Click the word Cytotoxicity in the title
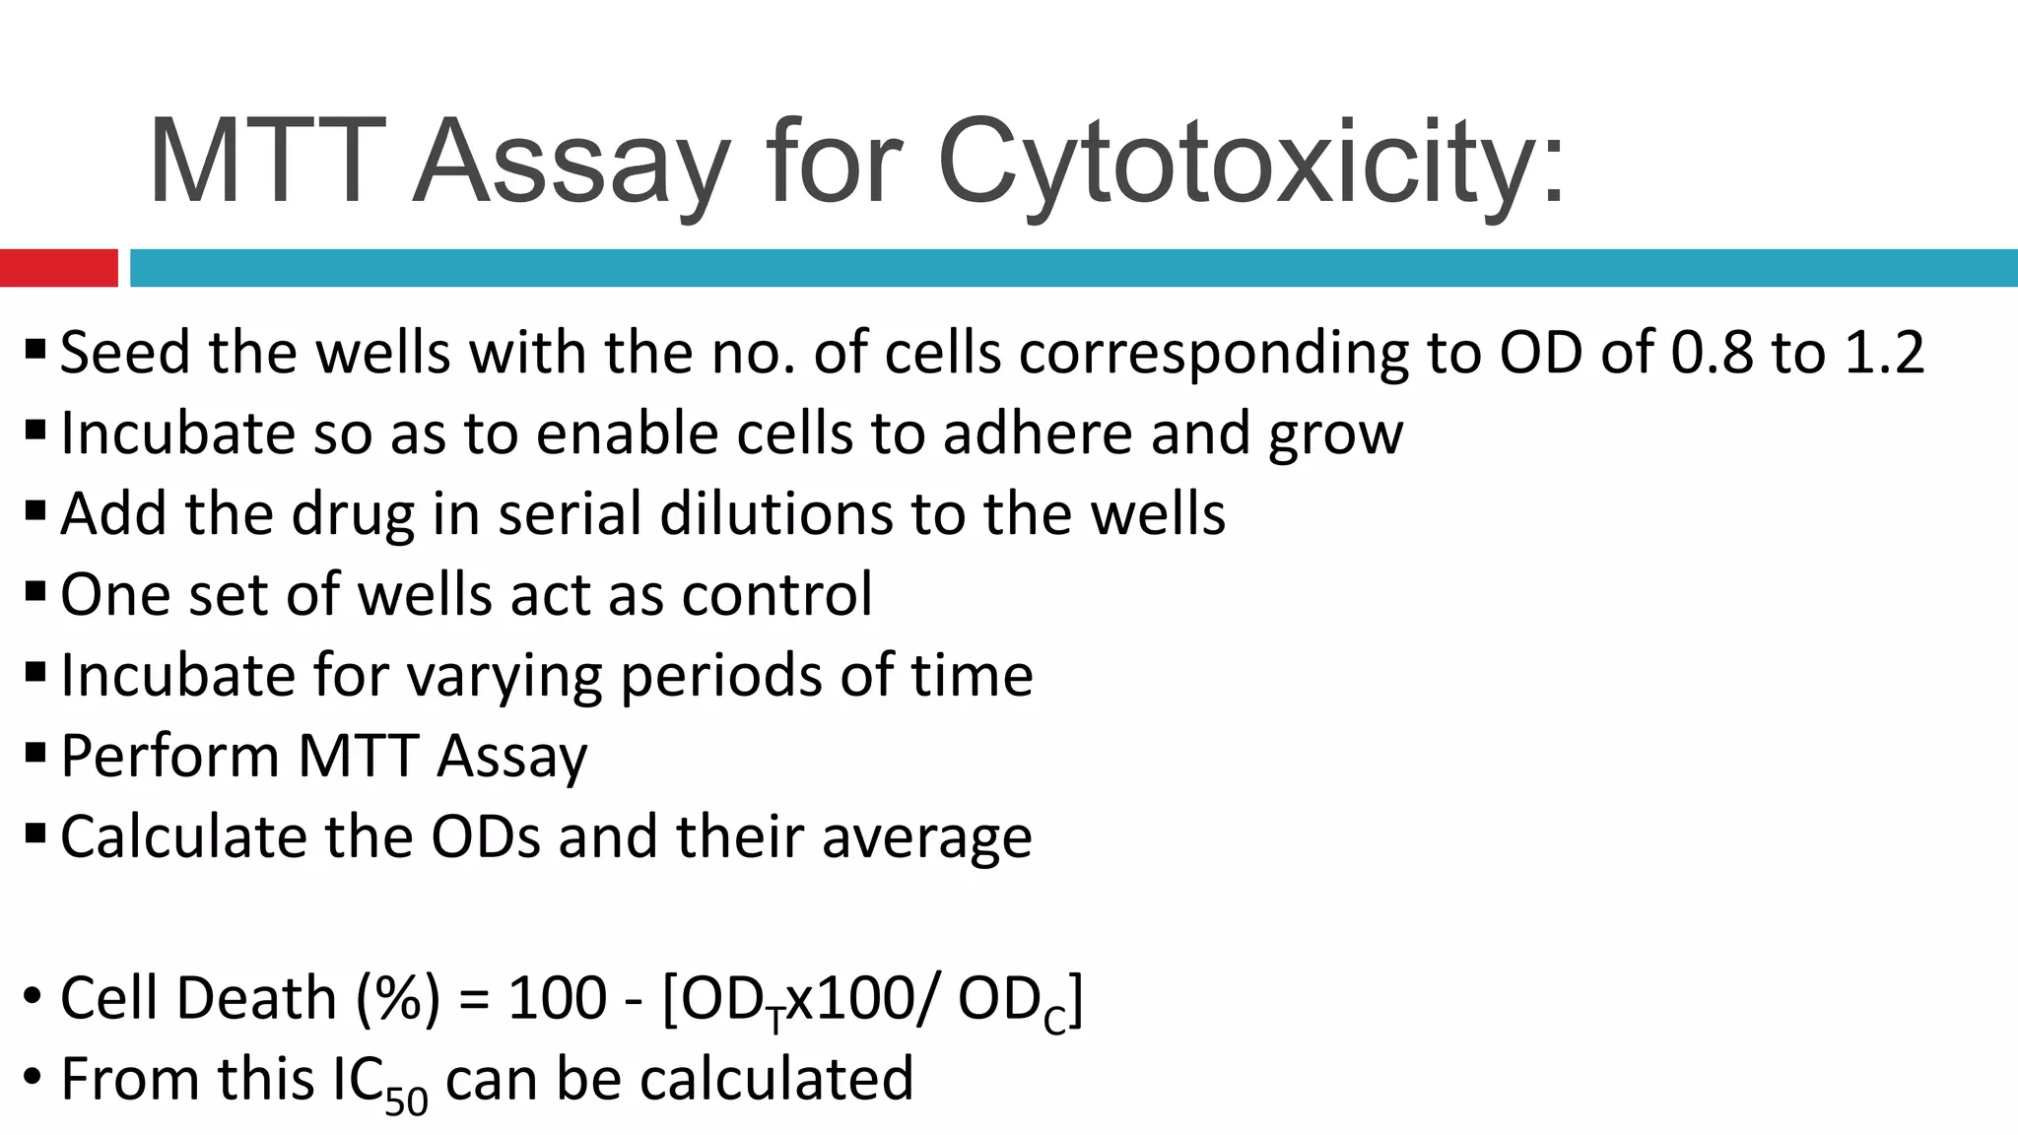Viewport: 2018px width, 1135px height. click(x=1249, y=163)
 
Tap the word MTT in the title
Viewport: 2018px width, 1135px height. click(x=264, y=163)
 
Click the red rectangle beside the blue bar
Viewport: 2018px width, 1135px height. click(x=58, y=268)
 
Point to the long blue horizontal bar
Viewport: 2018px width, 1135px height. click(x=1074, y=268)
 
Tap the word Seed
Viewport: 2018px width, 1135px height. click(x=125, y=353)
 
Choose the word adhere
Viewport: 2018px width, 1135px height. click(x=1038, y=434)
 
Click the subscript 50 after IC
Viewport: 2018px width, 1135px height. click(x=406, y=1101)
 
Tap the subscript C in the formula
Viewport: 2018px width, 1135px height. click(x=1054, y=1022)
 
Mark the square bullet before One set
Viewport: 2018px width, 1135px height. click(x=35, y=593)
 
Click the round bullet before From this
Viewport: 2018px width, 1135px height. click(x=33, y=1077)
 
